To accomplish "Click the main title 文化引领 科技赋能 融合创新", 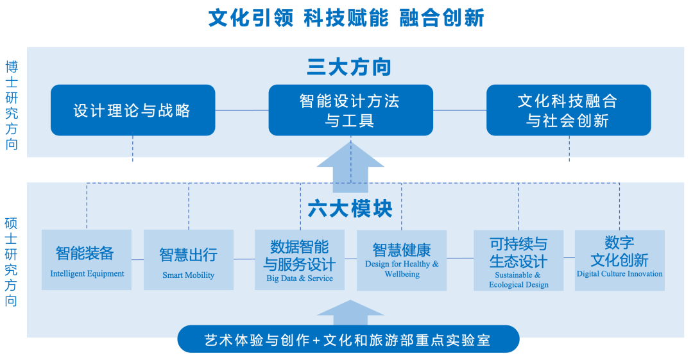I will [x=346, y=18].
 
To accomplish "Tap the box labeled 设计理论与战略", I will [x=133, y=110].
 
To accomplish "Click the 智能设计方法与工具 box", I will [x=350, y=110].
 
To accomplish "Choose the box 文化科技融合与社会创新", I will [x=568, y=110].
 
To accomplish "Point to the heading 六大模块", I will [x=350, y=209].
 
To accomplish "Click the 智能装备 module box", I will [x=87, y=259].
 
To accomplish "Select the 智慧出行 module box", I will [x=188, y=259].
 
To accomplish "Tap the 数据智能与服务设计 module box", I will [x=300, y=259].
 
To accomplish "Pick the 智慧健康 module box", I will [x=402, y=259].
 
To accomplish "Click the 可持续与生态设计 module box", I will [x=518, y=259].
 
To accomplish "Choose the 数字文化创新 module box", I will [x=619, y=259].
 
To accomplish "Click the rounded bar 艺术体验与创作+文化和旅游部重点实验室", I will [x=348, y=339].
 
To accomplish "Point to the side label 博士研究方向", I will [x=12, y=105].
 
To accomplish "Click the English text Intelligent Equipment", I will [x=87, y=274].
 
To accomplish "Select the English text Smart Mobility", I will [x=188, y=275].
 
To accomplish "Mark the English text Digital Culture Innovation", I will [x=619, y=274].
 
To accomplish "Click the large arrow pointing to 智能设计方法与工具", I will [x=350, y=168].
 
